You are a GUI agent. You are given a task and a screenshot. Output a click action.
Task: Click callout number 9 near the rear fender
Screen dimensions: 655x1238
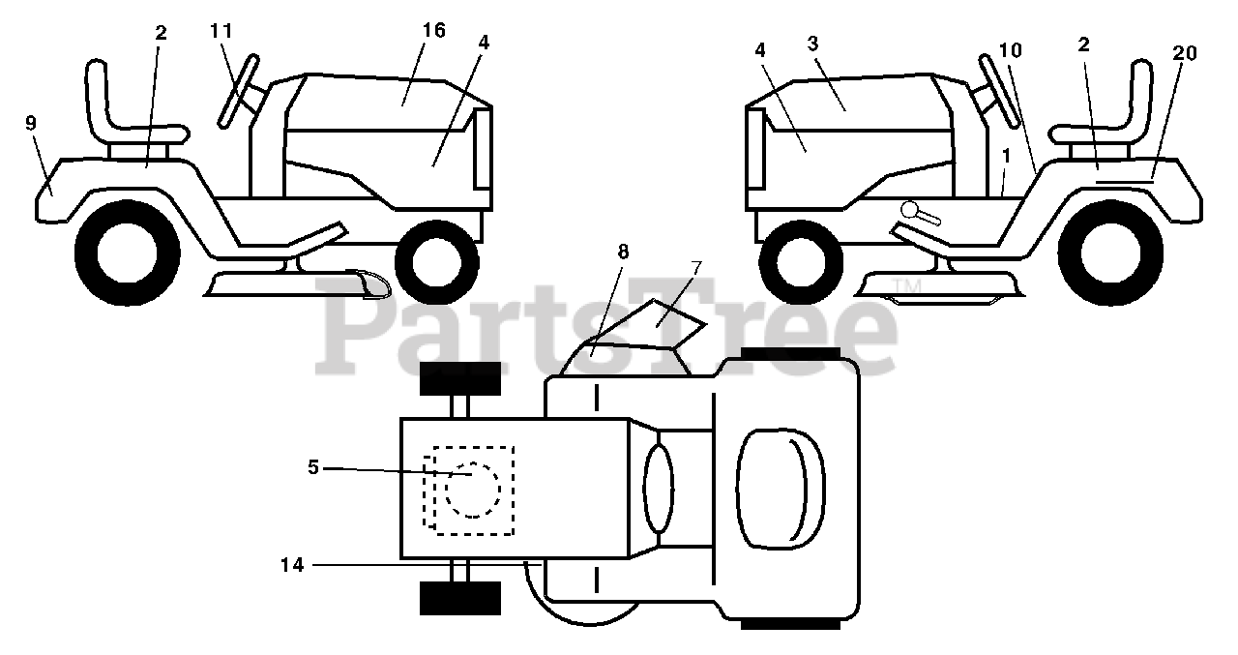[x=31, y=123]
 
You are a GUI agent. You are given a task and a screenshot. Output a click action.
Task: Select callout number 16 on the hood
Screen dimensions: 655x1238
[x=433, y=31]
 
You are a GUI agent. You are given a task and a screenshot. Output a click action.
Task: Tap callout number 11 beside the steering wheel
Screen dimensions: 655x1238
[x=221, y=31]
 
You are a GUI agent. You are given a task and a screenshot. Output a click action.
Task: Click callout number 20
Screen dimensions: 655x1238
[x=1184, y=53]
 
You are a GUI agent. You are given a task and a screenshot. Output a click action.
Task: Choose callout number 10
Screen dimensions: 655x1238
[x=1011, y=49]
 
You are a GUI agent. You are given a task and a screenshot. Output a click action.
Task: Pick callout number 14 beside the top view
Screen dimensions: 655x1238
[x=292, y=565]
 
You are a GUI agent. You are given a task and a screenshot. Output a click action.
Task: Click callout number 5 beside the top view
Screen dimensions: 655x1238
[x=312, y=467]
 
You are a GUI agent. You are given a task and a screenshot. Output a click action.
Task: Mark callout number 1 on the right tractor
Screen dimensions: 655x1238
[x=1007, y=154]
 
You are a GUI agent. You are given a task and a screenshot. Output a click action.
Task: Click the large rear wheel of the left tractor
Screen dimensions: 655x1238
[x=127, y=251]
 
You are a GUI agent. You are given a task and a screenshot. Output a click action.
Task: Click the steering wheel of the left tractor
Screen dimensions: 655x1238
[x=239, y=92]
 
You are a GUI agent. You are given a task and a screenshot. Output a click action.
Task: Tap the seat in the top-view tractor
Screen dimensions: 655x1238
[x=781, y=487]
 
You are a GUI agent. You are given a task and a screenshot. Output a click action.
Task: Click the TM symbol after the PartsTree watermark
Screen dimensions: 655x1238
[x=906, y=286]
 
